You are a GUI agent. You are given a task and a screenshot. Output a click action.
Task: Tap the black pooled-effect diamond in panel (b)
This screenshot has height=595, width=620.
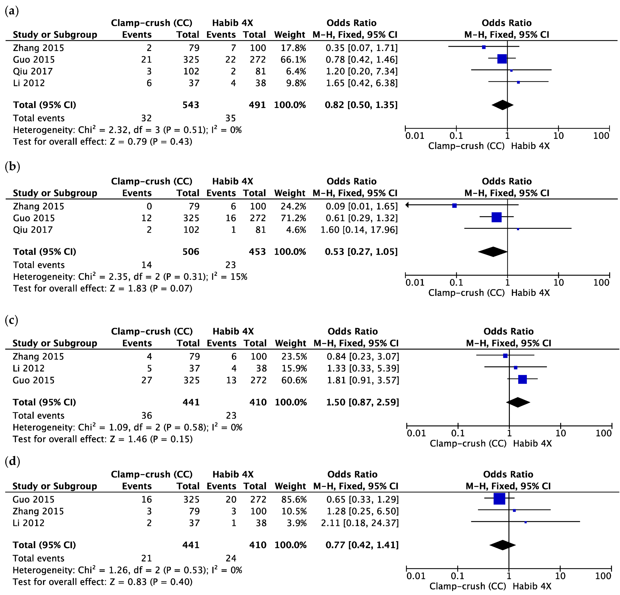tap(492, 252)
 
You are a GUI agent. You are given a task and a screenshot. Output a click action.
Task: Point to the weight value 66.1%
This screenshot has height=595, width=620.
tap(293, 60)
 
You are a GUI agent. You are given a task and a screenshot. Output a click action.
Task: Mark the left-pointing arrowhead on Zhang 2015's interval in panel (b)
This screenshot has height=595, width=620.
tap(407, 205)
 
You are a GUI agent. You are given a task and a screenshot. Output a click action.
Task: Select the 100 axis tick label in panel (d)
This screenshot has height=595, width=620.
tap(603, 576)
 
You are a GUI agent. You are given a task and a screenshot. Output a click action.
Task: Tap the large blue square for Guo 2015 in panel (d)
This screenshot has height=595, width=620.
tap(499, 499)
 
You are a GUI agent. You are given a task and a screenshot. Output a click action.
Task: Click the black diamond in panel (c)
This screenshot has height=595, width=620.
tap(518, 402)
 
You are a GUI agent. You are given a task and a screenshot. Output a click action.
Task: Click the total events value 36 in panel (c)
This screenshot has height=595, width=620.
tap(147, 416)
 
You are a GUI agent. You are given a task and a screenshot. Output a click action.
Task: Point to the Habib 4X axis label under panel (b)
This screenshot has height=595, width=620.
tap(530, 293)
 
